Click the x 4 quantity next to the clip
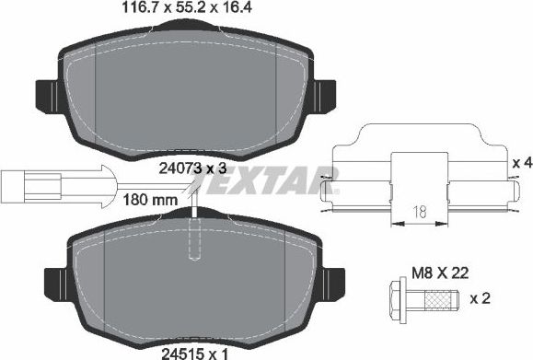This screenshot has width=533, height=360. (x=521, y=162)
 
